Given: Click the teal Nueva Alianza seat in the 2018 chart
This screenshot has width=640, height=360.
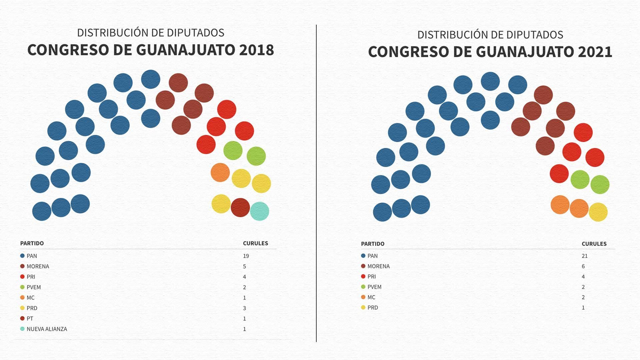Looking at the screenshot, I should tap(259, 211).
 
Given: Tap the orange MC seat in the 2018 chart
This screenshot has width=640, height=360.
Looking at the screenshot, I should tap(220, 172).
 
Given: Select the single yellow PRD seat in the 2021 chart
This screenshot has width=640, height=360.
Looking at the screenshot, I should tap(598, 212).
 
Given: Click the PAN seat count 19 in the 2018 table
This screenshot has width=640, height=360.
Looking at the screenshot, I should tap(246, 256).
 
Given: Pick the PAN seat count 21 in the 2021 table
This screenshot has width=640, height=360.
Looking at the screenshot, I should tap(585, 256).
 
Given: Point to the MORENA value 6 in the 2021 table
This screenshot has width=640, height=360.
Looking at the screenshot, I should tap(583, 266).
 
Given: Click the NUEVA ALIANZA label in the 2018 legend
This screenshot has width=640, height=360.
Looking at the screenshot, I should tap(47, 329).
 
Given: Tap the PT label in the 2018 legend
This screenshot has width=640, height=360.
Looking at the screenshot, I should tap(30, 319).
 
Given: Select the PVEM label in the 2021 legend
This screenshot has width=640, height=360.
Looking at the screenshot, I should tap(374, 287).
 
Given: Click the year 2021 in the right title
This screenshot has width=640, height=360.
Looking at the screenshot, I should tap(595, 52).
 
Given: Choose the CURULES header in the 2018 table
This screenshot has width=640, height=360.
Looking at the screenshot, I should tap(255, 243).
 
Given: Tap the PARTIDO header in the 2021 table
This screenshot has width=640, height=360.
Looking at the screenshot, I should tap(373, 244).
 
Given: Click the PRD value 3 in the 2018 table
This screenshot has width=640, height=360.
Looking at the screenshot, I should tap(244, 308).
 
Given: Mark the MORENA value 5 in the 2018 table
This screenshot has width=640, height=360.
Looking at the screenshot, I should tap(244, 267).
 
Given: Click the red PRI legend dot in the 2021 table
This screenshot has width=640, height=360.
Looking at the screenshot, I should tap(363, 277).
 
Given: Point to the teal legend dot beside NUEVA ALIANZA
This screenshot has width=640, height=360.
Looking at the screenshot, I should tap(22, 329).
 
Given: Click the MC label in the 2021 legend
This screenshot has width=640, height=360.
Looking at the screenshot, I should tap(371, 297).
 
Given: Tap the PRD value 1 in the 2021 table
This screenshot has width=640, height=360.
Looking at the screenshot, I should tap(583, 308).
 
